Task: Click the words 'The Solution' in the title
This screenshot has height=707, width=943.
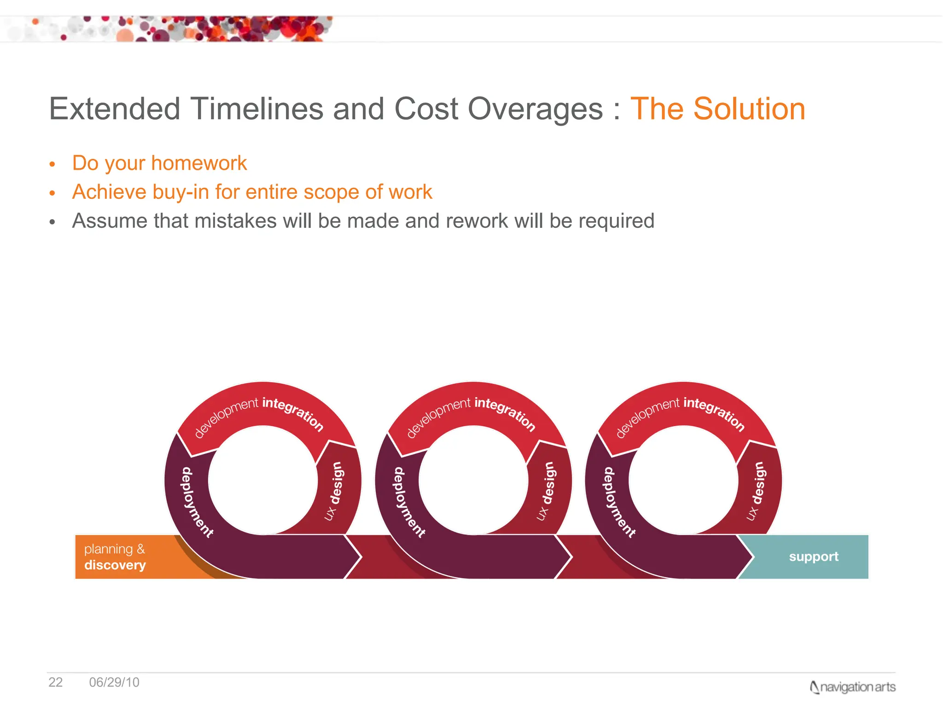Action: point(717,109)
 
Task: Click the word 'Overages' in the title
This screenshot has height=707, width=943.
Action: point(535,109)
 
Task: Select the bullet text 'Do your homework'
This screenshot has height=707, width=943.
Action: point(159,163)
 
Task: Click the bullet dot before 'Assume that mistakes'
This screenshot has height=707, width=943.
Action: point(52,222)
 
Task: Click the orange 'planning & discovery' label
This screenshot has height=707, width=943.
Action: point(115,557)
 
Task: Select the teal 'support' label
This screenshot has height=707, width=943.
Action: point(813,557)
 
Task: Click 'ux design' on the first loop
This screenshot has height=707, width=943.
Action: point(335,491)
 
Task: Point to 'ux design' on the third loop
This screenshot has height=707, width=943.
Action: point(757,491)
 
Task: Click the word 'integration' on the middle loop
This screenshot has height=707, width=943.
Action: point(505,413)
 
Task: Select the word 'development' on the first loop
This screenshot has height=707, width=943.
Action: point(226,416)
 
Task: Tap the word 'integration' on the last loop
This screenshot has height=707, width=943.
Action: point(714,413)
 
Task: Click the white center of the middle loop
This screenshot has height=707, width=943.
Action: point(473,480)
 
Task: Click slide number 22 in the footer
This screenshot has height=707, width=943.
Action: point(55,682)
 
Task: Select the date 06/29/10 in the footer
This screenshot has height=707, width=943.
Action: point(114,682)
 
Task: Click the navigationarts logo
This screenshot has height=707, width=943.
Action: point(852,687)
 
